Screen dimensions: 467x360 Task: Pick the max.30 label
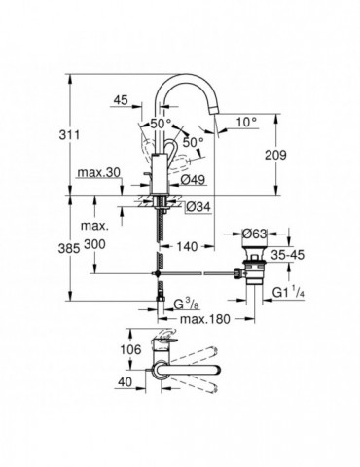tap(96, 173)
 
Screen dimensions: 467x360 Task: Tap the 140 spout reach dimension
tap(189, 249)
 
